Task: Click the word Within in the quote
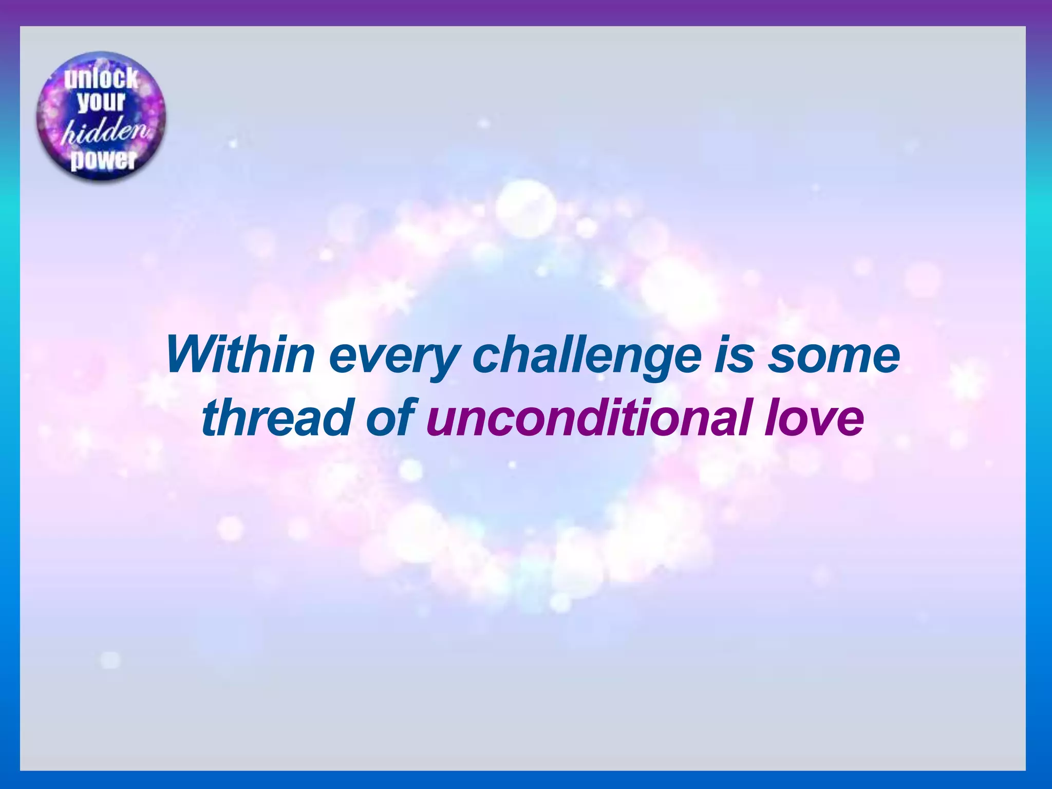point(240,355)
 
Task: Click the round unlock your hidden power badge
point(101,116)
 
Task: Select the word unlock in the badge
point(101,79)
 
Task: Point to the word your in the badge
point(101,102)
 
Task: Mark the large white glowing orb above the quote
point(525,208)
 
